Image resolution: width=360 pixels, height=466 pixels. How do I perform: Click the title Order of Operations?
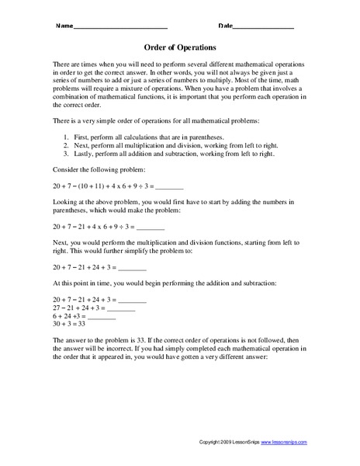[x=180, y=46]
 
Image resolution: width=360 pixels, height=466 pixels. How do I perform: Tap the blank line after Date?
[x=264, y=28]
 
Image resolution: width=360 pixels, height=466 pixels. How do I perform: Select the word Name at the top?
[x=64, y=26]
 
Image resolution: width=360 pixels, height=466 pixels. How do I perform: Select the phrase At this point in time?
[x=85, y=283]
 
